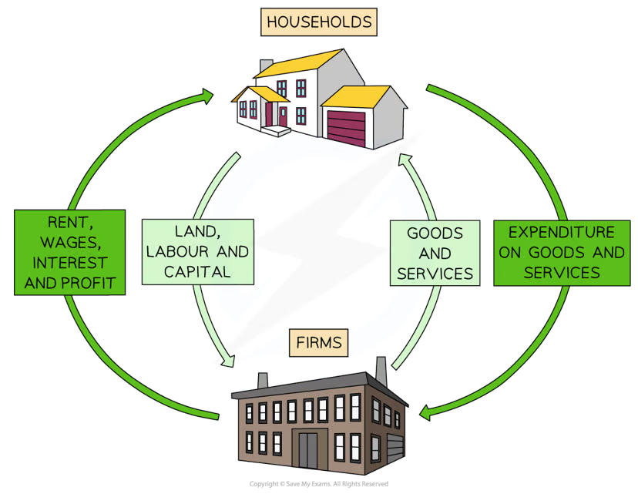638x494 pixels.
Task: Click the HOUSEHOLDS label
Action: point(318,22)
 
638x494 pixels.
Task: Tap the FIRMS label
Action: point(318,341)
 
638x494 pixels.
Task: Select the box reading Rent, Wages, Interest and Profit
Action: point(69,250)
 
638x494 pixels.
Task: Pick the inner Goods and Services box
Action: point(435,252)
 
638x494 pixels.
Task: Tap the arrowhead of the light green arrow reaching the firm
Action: point(228,359)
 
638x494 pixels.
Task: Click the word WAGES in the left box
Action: point(69,244)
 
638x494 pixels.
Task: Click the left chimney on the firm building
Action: point(261,380)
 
